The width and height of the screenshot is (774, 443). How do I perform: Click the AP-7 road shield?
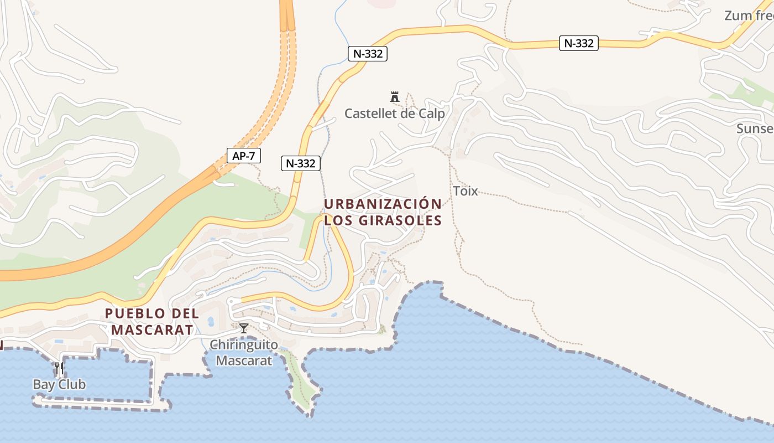pos(243,156)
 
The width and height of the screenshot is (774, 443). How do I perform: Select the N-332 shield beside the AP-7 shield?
pos(301,163)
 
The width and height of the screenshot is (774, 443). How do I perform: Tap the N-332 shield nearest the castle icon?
pos(368,54)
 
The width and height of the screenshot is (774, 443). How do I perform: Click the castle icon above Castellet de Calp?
pos(395,97)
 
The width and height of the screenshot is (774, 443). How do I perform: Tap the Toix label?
pos(466,192)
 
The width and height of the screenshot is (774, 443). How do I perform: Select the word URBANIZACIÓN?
pos(383,204)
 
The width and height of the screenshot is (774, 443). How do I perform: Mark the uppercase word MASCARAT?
pos(152,330)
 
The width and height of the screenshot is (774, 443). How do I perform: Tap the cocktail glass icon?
pos(243,328)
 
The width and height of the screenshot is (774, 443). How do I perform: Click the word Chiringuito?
pos(243,346)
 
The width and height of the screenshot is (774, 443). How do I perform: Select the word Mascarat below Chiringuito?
pos(244,361)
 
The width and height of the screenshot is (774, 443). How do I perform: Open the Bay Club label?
pos(59,384)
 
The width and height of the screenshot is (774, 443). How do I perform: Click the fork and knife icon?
pos(59,368)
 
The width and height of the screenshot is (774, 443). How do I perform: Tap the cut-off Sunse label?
pos(755,128)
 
